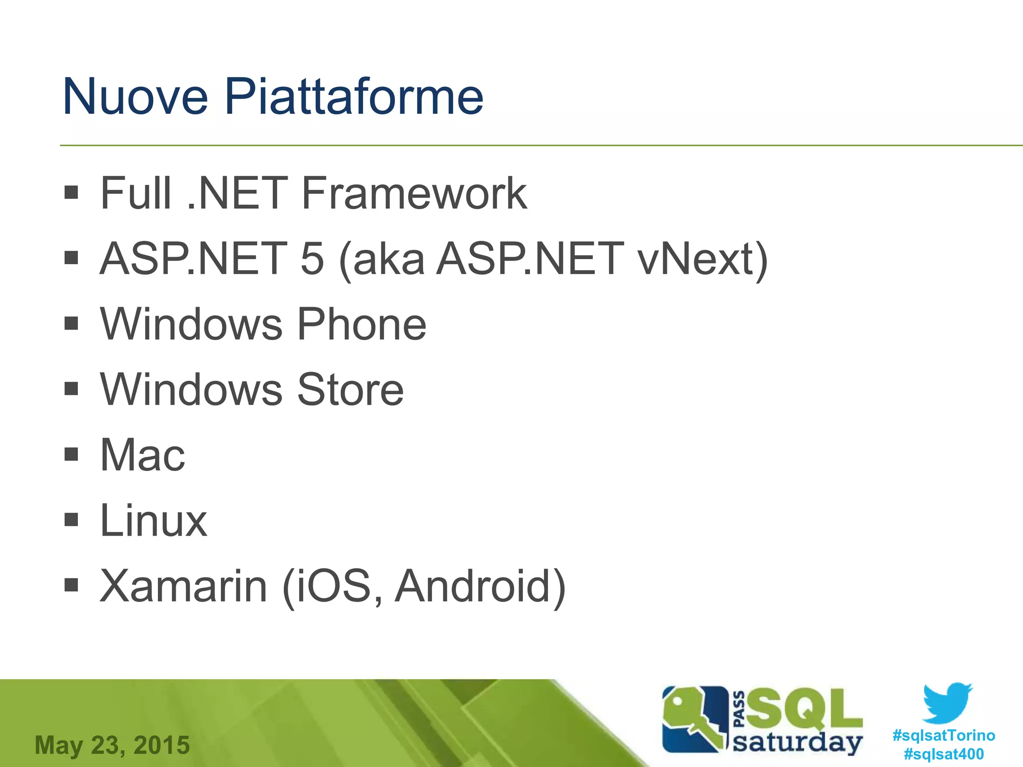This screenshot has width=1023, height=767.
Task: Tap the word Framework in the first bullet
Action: [414, 194]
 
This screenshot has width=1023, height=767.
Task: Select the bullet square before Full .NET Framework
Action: [71, 192]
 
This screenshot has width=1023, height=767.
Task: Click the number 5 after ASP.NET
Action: [312, 259]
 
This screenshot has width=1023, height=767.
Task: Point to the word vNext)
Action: [702, 259]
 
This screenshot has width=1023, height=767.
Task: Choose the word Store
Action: [350, 390]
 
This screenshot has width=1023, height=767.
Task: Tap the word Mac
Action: [142, 455]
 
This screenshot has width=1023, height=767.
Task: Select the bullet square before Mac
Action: [71, 454]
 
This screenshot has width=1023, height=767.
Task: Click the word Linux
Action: [153, 521]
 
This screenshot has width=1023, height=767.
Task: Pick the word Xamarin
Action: [183, 586]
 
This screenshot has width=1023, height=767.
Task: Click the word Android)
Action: [480, 586]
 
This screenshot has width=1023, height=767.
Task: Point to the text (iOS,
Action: [333, 586]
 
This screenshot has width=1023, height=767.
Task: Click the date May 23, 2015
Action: [112, 745]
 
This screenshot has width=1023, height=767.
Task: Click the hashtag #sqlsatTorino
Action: [944, 736]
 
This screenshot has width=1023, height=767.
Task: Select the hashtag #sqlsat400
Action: [944, 754]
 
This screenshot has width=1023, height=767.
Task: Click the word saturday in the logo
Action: [797, 743]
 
